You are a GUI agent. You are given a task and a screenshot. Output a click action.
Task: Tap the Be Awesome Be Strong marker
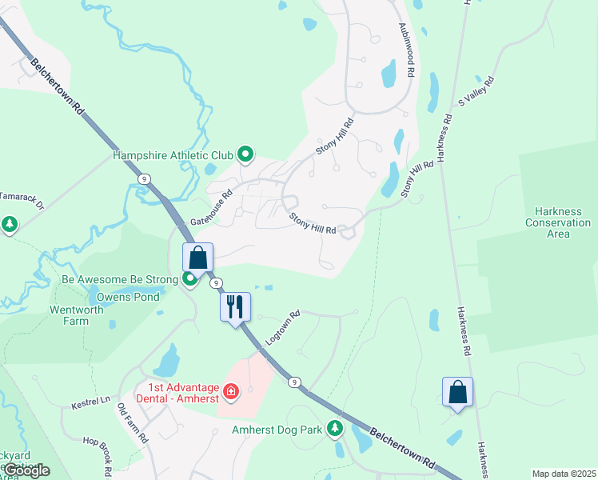point(190,279)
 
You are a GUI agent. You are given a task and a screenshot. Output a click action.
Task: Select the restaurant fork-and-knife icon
point(235,306)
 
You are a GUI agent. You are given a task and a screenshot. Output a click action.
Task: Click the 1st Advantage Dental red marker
point(231,391)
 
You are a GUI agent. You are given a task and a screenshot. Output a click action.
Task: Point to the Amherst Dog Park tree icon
point(336,430)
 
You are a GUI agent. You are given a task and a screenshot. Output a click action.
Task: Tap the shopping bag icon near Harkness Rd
point(457,392)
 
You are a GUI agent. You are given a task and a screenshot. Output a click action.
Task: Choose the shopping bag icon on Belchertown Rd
point(198,258)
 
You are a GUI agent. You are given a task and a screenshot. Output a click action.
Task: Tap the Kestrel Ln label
point(89,399)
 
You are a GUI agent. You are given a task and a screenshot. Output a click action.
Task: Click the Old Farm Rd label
point(133,423)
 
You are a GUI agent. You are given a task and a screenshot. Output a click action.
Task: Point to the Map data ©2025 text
point(563,474)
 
